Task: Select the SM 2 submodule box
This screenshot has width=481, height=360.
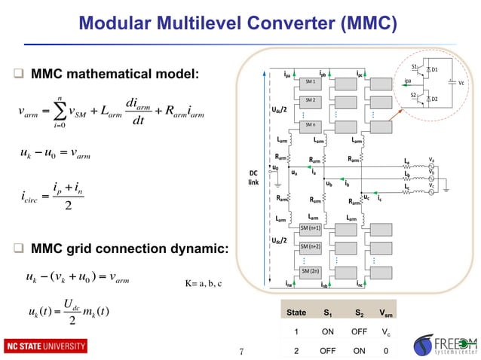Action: coord(310,100)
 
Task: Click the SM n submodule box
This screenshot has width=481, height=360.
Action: coord(310,124)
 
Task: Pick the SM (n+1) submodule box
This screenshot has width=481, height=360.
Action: coord(310,227)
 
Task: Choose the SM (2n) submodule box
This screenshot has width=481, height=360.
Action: coord(310,270)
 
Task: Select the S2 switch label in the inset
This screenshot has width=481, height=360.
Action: coord(413,95)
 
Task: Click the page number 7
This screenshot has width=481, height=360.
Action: coord(240,349)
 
